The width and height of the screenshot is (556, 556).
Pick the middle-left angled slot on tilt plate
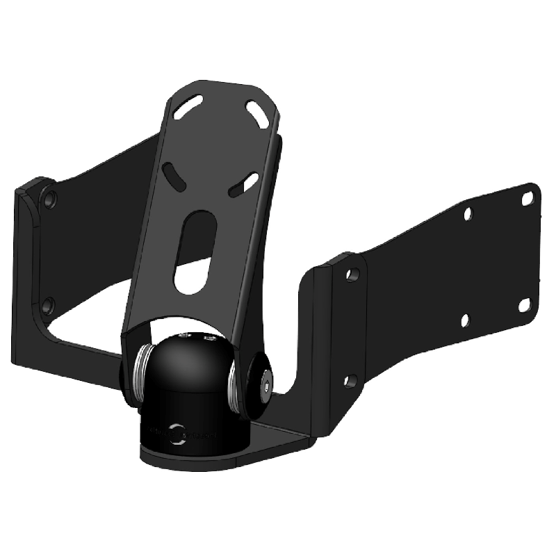[174, 175]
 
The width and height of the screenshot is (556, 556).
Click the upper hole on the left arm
[49, 200]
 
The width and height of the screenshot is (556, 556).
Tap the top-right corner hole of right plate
[528, 199]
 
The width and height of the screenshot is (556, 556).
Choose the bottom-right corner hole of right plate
[525, 305]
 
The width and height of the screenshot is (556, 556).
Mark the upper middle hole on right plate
[468, 213]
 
